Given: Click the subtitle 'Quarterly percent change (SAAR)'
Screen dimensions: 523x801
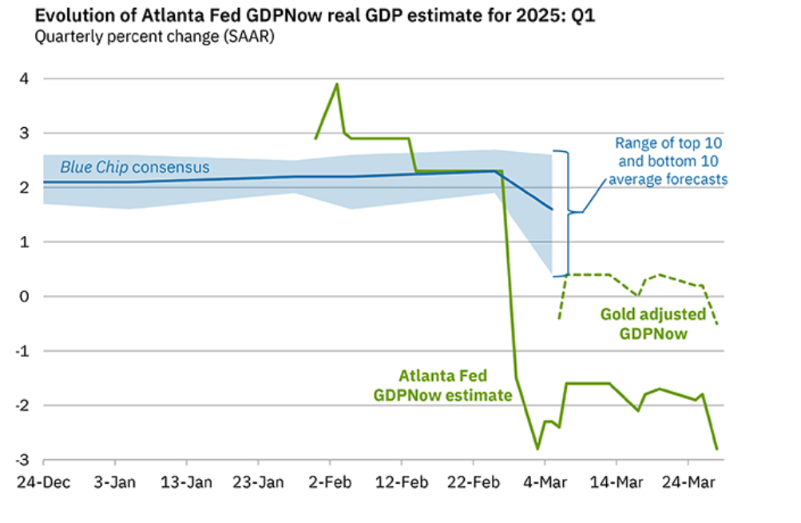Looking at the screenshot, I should pos(153,38).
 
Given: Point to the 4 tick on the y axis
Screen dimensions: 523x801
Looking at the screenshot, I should pos(25,79).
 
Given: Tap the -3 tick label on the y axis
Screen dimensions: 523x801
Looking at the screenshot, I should pos(23,460).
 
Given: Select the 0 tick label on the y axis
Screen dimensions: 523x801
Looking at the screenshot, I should pos(25,297).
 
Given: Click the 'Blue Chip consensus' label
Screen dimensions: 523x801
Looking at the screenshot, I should pos(135,168).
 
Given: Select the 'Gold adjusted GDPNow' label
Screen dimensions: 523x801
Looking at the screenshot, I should pos(652,322).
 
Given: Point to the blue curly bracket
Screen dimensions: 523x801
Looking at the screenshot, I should pos(569,212).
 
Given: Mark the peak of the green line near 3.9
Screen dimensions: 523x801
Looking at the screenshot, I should pos(336,84).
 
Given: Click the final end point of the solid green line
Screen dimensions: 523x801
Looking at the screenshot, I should pos(716,449).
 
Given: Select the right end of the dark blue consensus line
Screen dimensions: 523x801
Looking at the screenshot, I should pos(551,210).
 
